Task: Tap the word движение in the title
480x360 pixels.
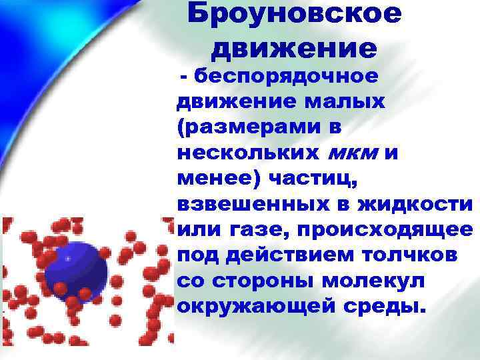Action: (x=294, y=48)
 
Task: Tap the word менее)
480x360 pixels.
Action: (x=218, y=179)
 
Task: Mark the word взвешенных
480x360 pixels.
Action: (x=252, y=204)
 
